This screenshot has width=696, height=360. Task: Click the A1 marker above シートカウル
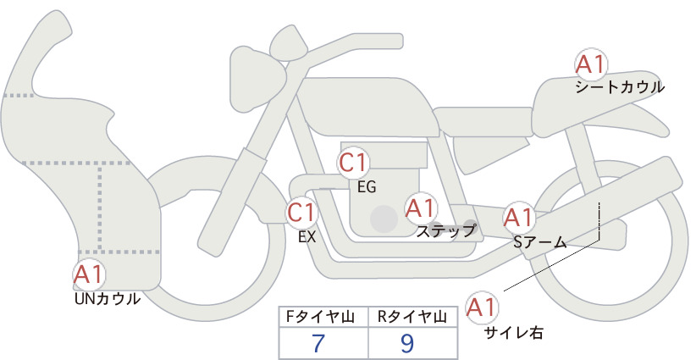[x=591, y=64]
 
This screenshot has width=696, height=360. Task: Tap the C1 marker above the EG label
[x=353, y=163]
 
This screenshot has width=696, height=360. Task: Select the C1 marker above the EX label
[x=301, y=213]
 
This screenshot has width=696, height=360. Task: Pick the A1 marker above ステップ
[x=421, y=208]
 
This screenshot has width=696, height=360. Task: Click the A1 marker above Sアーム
[x=518, y=218]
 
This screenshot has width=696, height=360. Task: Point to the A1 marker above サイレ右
[x=482, y=307]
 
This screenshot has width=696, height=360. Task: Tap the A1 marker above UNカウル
[x=90, y=274]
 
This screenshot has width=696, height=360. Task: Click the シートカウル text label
[x=620, y=87]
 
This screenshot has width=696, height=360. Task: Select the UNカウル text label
[x=108, y=299]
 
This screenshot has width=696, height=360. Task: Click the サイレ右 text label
[x=514, y=333]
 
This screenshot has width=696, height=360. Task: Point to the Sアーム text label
[x=539, y=242]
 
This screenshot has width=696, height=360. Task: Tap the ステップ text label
[x=445, y=231]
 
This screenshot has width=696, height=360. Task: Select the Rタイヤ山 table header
[x=412, y=318]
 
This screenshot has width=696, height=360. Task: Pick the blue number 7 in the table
[x=318, y=343]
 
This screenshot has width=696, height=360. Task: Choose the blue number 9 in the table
[x=406, y=343]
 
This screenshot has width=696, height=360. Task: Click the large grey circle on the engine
[x=384, y=219]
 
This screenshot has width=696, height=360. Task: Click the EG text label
[x=367, y=187]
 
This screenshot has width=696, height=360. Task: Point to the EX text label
[x=307, y=237]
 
